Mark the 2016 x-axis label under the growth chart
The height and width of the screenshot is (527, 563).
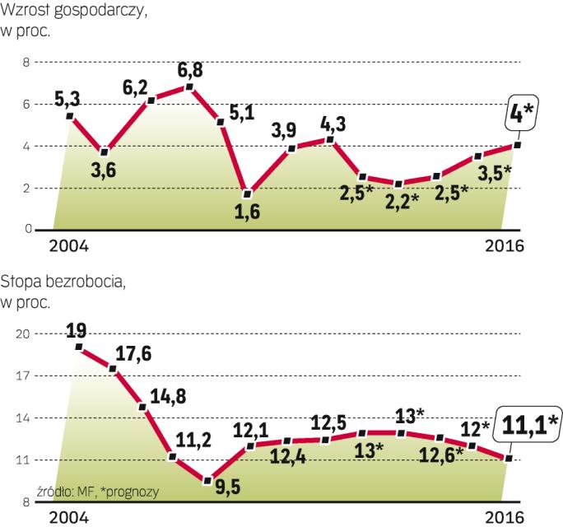505,245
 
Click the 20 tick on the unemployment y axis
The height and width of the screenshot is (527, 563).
22,334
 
